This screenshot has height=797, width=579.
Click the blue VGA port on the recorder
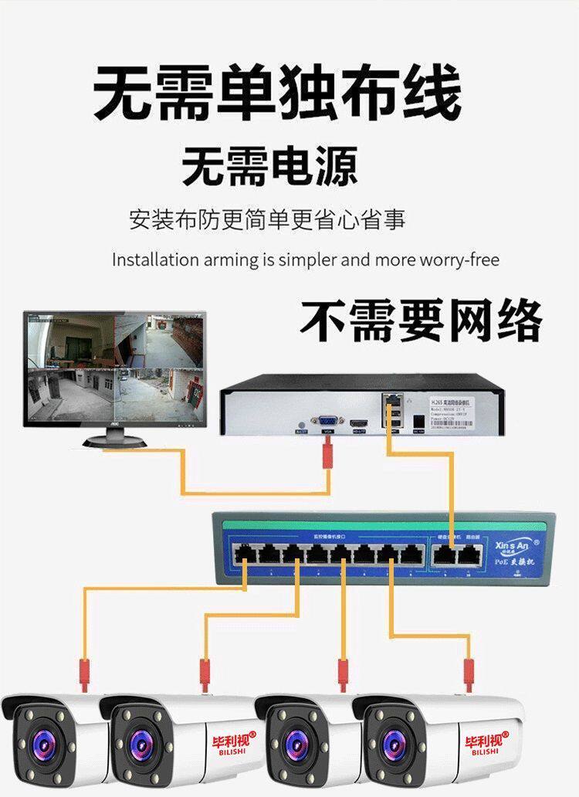327,422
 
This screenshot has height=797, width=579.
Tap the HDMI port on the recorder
359,423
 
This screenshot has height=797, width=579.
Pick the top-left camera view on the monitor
71,340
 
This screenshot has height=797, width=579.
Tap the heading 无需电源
269,166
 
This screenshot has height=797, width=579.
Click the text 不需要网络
421,320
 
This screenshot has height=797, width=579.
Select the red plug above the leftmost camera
83,673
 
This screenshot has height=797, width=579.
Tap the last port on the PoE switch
466,553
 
